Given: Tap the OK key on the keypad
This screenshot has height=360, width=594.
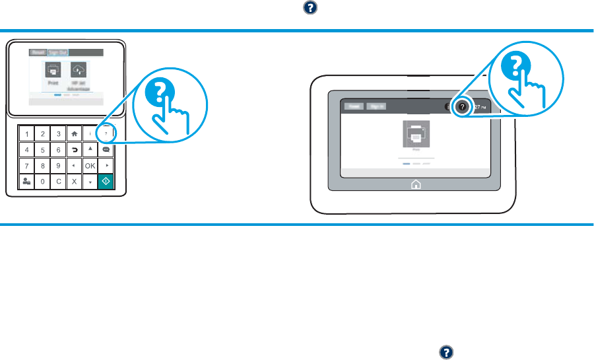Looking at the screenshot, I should tap(90, 165).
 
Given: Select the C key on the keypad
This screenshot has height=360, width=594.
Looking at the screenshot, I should tap(58, 181).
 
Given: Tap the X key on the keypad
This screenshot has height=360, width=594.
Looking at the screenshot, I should tap(74, 181).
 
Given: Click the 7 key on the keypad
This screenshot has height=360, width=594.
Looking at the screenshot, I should tap(26, 165).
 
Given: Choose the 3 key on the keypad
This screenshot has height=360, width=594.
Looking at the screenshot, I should tap(58, 133).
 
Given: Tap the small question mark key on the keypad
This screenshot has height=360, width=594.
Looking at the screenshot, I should tap(106, 133).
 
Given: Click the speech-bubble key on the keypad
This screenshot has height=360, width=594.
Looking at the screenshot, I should tap(106, 149).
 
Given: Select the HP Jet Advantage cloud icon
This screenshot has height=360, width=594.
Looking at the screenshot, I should tap(78, 69).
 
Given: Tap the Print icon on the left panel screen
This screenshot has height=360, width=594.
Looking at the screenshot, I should tap(53, 69).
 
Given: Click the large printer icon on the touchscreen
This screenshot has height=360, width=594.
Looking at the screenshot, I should tap(416, 133).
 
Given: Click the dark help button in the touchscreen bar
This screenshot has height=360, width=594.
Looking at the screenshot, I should tap(462, 106).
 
